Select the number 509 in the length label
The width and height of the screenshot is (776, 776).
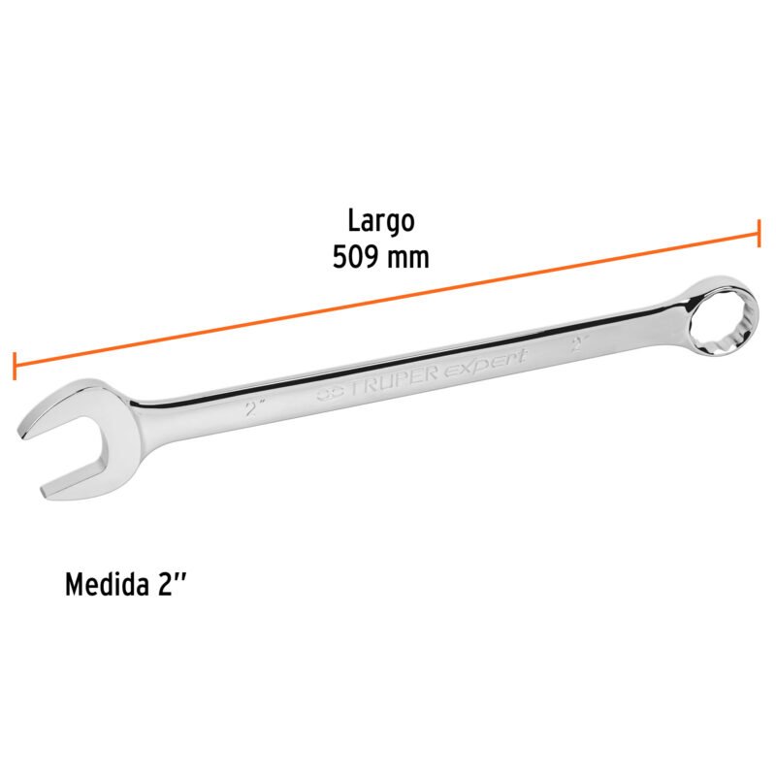click(355, 258)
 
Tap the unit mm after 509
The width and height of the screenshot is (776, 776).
click(407, 259)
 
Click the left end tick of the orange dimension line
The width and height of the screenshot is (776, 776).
click(15, 366)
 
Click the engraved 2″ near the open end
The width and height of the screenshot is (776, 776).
click(255, 408)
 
